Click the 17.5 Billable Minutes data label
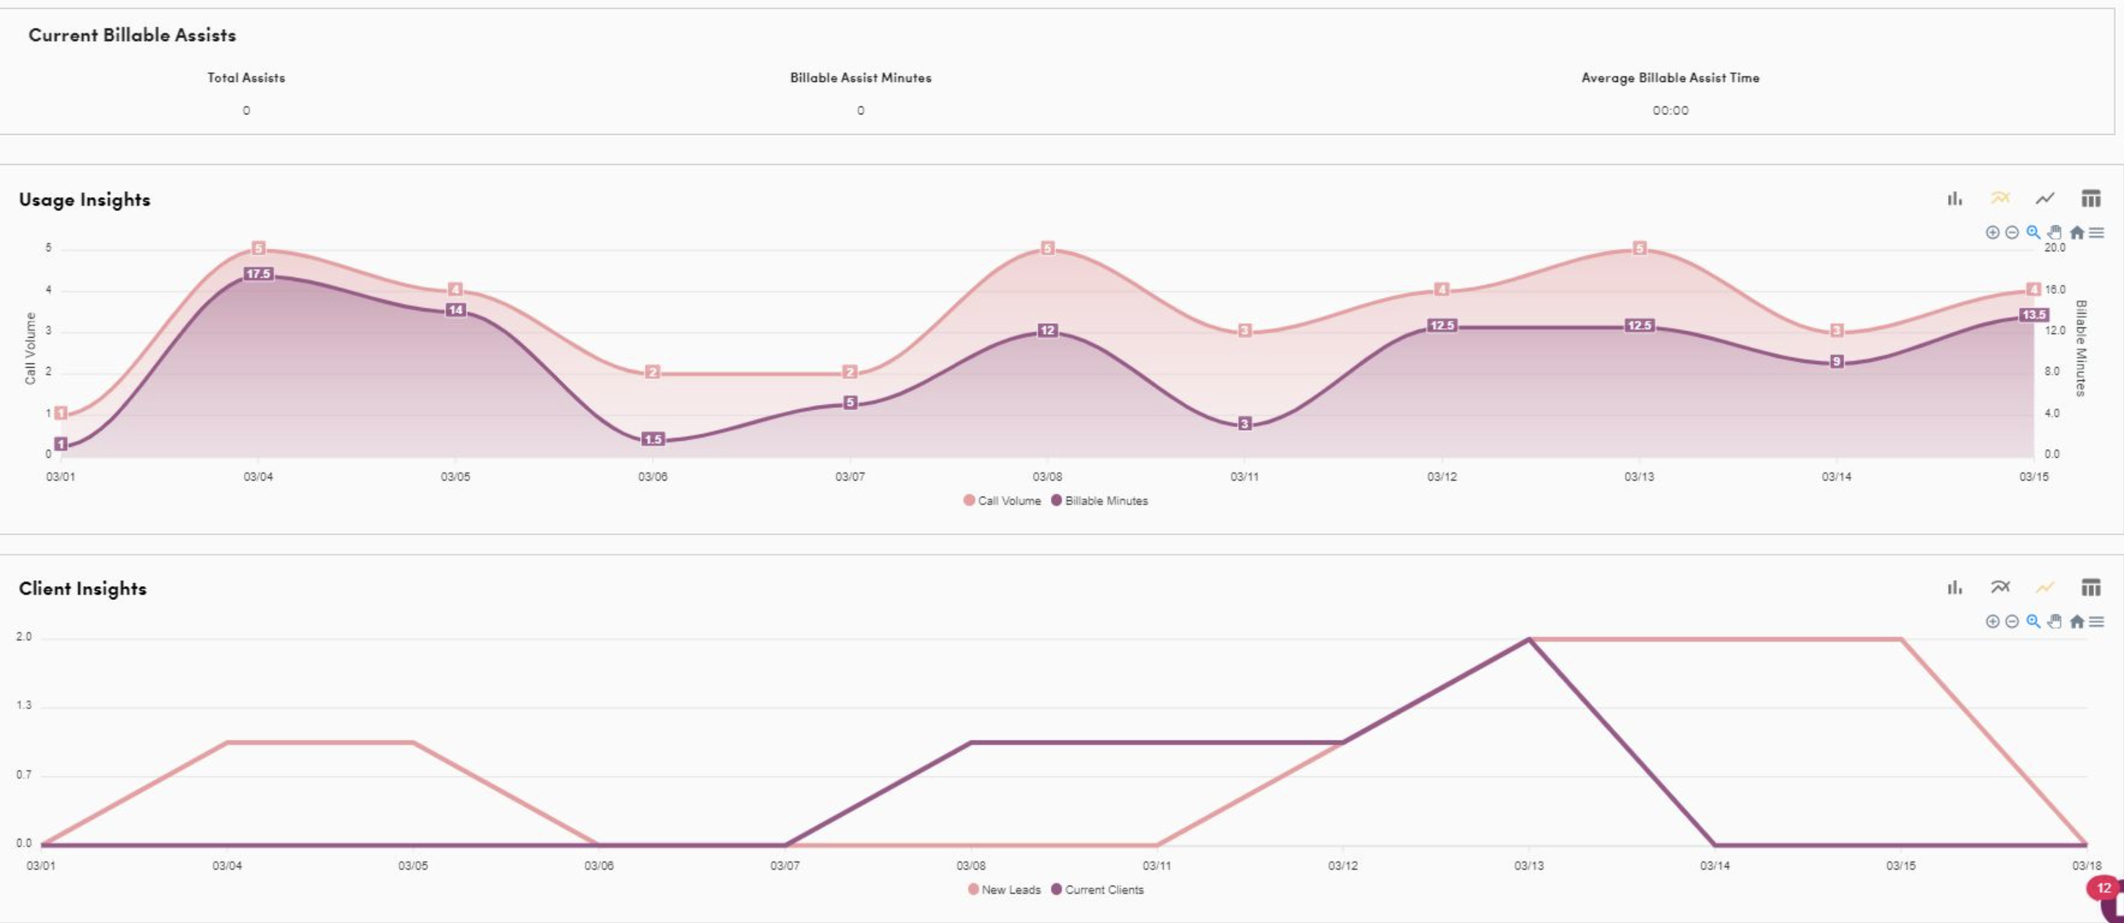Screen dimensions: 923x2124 pyautogui.click(x=258, y=274)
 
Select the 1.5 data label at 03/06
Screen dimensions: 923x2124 pyautogui.click(x=653, y=440)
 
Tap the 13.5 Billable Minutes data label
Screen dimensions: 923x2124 pyautogui.click(x=2033, y=315)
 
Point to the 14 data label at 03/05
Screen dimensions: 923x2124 pyautogui.click(x=456, y=310)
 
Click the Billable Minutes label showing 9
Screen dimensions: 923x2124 pyautogui.click(x=1836, y=361)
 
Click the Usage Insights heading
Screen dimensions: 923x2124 pyautogui.click(x=84, y=199)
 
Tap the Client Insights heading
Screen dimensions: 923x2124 pyautogui.click(x=82, y=588)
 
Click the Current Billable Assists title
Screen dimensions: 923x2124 pyautogui.click(x=132, y=34)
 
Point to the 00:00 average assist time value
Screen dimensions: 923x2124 pyautogui.click(x=1670, y=111)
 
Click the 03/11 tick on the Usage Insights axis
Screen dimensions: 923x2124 pyautogui.click(x=1244, y=476)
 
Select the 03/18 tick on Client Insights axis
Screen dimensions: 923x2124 pyautogui.click(x=2086, y=865)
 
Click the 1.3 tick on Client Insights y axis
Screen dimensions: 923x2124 pyautogui.click(x=24, y=705)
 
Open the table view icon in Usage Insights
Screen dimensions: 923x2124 pyautogui.click(x=2090, y=199)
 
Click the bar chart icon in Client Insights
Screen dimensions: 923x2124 pyautogui.click(x=1954, y=587)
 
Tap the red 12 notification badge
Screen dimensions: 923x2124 pyautogui.click(x=2103, y=889)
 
